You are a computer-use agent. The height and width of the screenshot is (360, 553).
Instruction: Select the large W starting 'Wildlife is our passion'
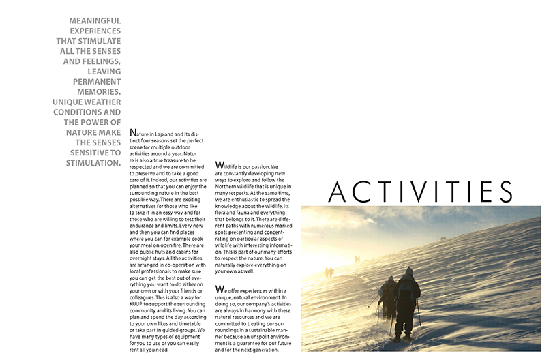pos(219,166)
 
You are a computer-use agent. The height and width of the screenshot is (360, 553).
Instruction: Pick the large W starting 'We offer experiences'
pos(219,289)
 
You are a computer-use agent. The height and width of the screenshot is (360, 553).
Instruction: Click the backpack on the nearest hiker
pos(408,290)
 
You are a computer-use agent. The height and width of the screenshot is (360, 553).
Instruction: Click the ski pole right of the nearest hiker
pos(419,312)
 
